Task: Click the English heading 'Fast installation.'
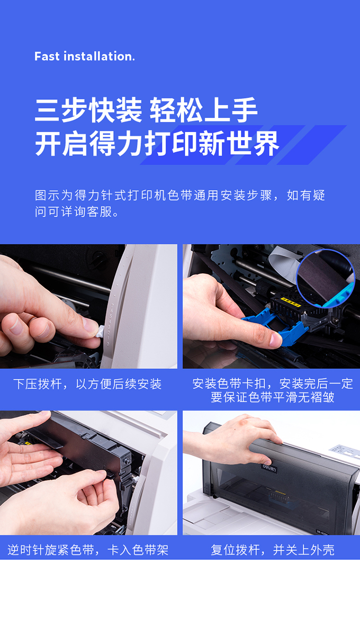84,56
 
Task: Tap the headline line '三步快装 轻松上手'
146,110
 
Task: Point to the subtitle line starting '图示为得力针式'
180,195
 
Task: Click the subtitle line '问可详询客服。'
77,211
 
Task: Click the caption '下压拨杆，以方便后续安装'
87,384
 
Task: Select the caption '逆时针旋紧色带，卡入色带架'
88,550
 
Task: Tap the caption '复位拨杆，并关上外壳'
272,550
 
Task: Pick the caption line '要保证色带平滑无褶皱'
272,398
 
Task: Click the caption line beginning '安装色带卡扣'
273,384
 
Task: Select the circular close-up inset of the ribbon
325,279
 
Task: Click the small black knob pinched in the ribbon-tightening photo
110,474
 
